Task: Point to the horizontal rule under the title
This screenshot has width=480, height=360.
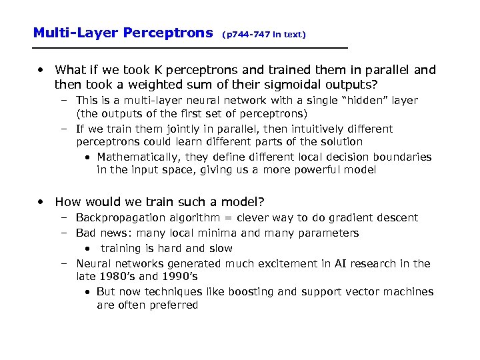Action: tap(191, 49)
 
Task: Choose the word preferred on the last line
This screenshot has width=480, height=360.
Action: tap(175, 305)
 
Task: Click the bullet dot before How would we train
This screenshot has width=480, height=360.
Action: tap(43, 201)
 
